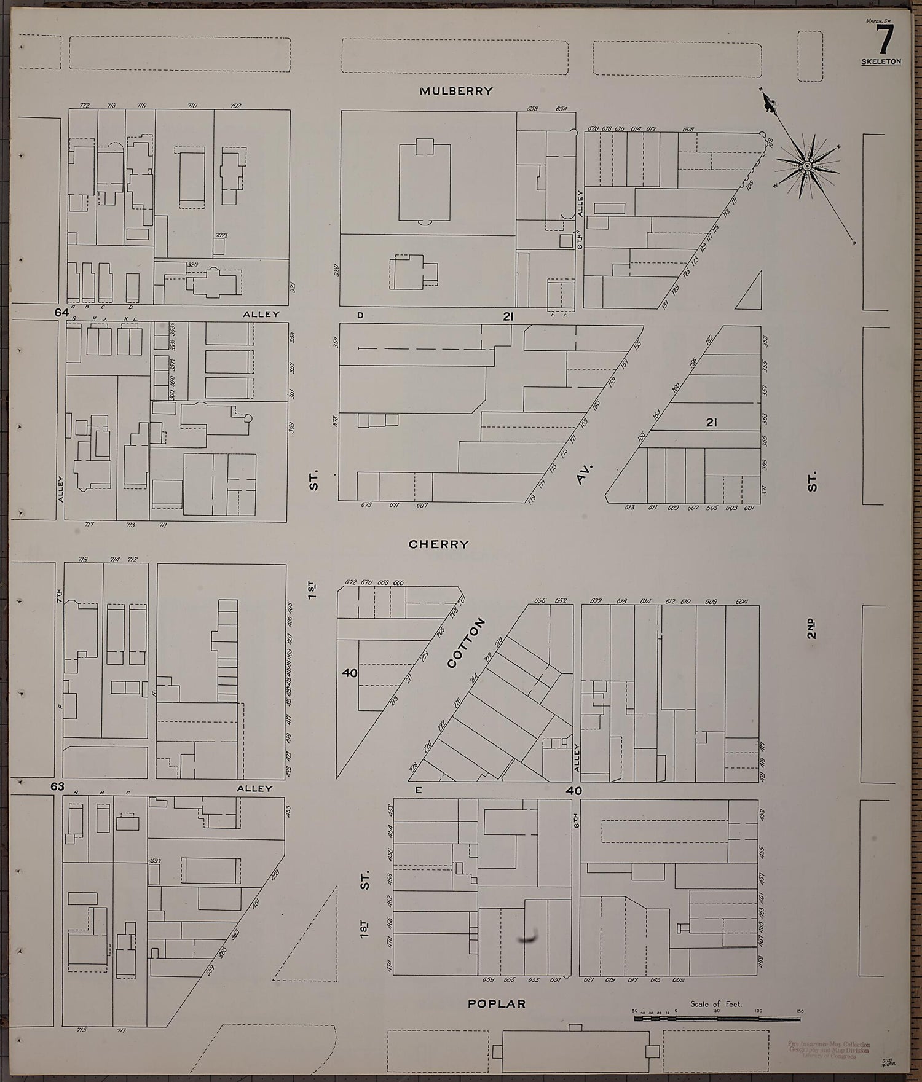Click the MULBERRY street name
coord(456,91)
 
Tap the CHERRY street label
coord(439,544)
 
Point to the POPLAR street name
coord(497,1004)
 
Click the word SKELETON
coord(881,62)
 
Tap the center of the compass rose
coord(807,166)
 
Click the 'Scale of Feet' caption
coord(716,1004)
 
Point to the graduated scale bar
coord(717,1018)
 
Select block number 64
coord(61,313)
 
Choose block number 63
coord(58,786)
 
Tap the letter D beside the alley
coord(360,316)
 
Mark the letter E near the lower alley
coord(418,791)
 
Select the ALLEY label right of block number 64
coord(261,314)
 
